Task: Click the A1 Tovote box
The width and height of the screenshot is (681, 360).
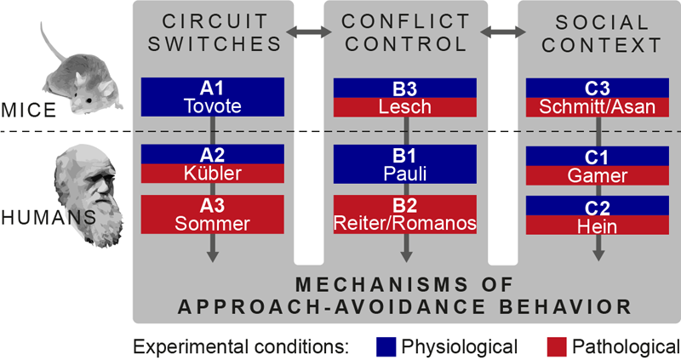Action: click(213, 97)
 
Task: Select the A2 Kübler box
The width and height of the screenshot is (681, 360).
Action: click(213, 164)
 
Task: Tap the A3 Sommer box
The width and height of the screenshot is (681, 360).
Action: click(213, 214)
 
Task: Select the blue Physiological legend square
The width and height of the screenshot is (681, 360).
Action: click(386, 346)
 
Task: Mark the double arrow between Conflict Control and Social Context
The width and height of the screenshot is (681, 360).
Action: click(502, 32)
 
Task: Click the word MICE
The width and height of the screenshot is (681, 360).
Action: click(26, 111)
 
